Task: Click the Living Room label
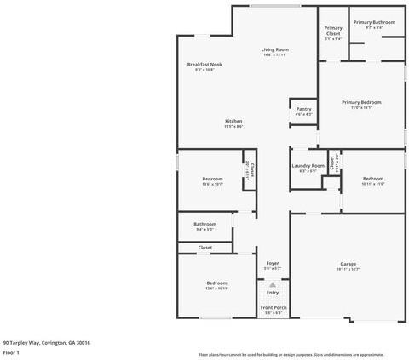pos(274,49)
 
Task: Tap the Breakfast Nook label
pos(204,65)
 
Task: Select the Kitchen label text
pos(234,121)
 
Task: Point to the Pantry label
pos(303,109)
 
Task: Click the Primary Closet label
pos(333,31)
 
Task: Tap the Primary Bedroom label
pos(361,102)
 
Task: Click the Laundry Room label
pos(308,165)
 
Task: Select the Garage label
pos(348,263)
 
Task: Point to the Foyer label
pos(273,263)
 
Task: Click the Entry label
pos(273,292)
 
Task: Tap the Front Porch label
pos(274,307)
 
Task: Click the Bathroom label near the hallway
pos(204,224)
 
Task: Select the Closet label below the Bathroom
pos(204,247)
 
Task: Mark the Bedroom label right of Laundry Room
pos(373,178)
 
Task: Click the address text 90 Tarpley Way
pos(46,342)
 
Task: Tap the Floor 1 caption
pos(11,351)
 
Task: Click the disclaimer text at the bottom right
pos(291,354)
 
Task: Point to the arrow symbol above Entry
pos(273,284)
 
